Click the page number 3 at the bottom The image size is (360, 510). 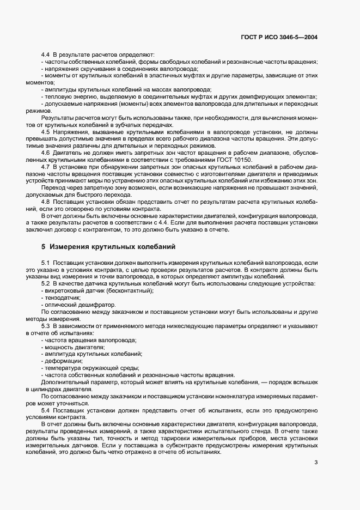316,463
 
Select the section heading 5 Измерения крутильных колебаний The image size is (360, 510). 108,247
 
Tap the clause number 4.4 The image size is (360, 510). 46,54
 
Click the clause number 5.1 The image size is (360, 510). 46,263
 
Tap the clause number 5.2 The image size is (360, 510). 46,284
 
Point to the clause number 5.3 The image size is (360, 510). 46,326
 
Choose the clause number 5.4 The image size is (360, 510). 46,410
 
